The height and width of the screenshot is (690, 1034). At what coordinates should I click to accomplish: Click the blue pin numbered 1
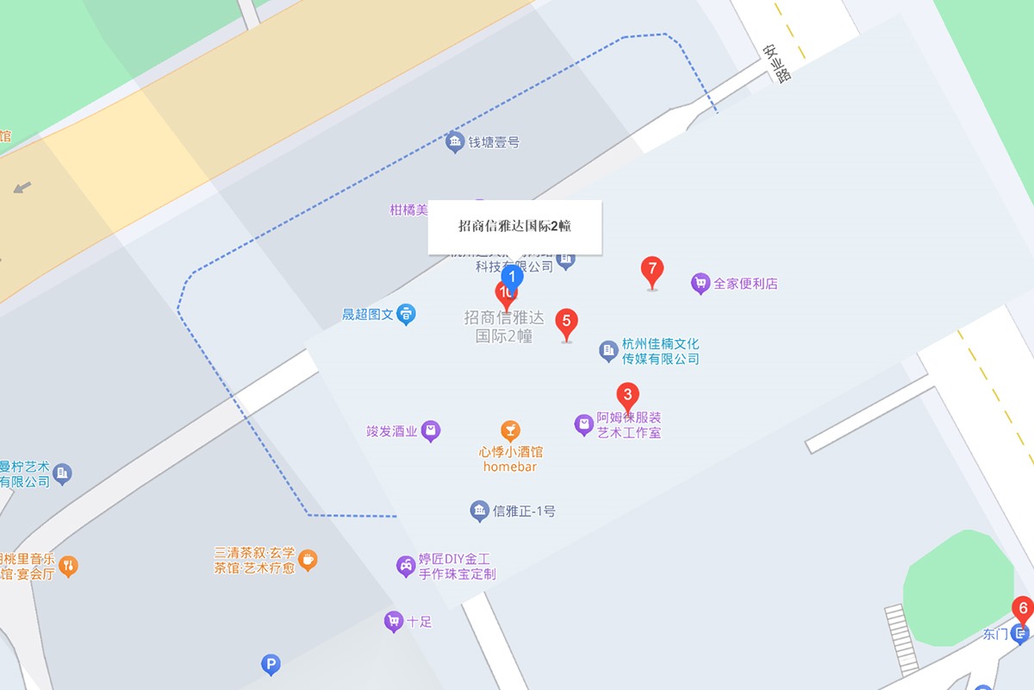(x=513, y=278)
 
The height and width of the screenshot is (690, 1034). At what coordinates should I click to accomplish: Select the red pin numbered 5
(x=566, y=323)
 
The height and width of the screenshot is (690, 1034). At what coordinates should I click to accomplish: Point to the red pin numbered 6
(x=1023, y=609)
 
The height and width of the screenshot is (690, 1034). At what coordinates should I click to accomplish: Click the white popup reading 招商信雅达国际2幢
(x=514, y=227)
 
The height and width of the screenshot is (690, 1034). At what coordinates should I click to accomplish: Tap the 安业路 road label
(x=776, y=63)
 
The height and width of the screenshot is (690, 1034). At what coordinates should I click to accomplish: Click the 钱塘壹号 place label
(x=494, y=142)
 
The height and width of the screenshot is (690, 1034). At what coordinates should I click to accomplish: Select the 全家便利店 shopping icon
(x=701, y=283)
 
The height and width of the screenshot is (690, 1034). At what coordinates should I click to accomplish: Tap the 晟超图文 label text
(x=368, y=315)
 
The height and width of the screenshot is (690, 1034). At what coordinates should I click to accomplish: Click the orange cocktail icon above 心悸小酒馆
(x=510, y=430)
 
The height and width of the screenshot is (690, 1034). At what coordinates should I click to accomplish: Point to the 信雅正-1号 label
(x=524, y=511)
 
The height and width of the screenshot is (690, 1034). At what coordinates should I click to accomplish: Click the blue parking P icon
(x=271, y=664)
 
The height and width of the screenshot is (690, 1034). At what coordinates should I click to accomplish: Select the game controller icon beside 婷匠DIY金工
(x=406, y=566)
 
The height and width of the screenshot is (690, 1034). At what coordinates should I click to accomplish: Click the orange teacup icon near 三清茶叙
(x=308, y=560)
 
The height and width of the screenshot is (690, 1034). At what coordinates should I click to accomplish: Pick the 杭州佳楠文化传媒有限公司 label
(x=660, y=351)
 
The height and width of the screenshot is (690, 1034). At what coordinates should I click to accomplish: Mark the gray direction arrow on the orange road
(x=22, y=186)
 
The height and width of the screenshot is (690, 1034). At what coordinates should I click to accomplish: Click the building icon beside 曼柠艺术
(x=62, y=473)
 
